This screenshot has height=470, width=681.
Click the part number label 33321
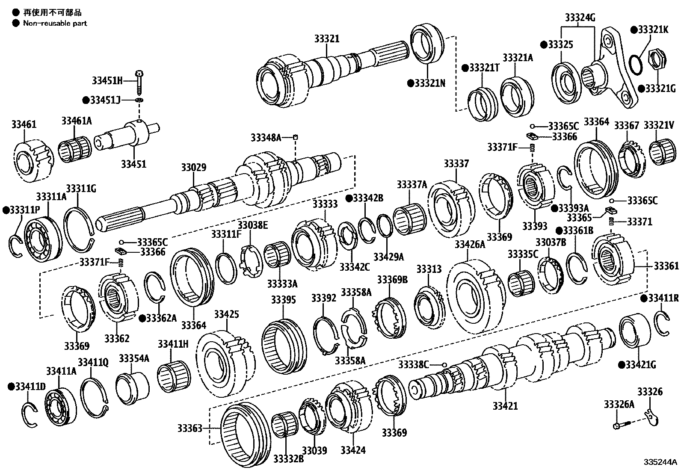pyautogui.click(x=326, y=39)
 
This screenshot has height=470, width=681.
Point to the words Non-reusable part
pyautogui.click(x=55, y=23)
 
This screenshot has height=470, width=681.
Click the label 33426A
pyautogui.click(x=470, y=244)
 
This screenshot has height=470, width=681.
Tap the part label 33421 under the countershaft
pyautogui.click(x=505, y=406)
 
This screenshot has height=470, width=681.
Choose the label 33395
pyautogui.click(x=283, y=300)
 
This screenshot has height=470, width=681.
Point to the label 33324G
pyautogui.click(x=580, y=18)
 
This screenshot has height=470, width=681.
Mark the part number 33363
pyautogui.click(x=190, y=428)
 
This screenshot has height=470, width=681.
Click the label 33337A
pyautogui.click(x=412, y=184)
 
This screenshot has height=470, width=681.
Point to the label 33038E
pyautogui.click(x=252, y=225)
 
